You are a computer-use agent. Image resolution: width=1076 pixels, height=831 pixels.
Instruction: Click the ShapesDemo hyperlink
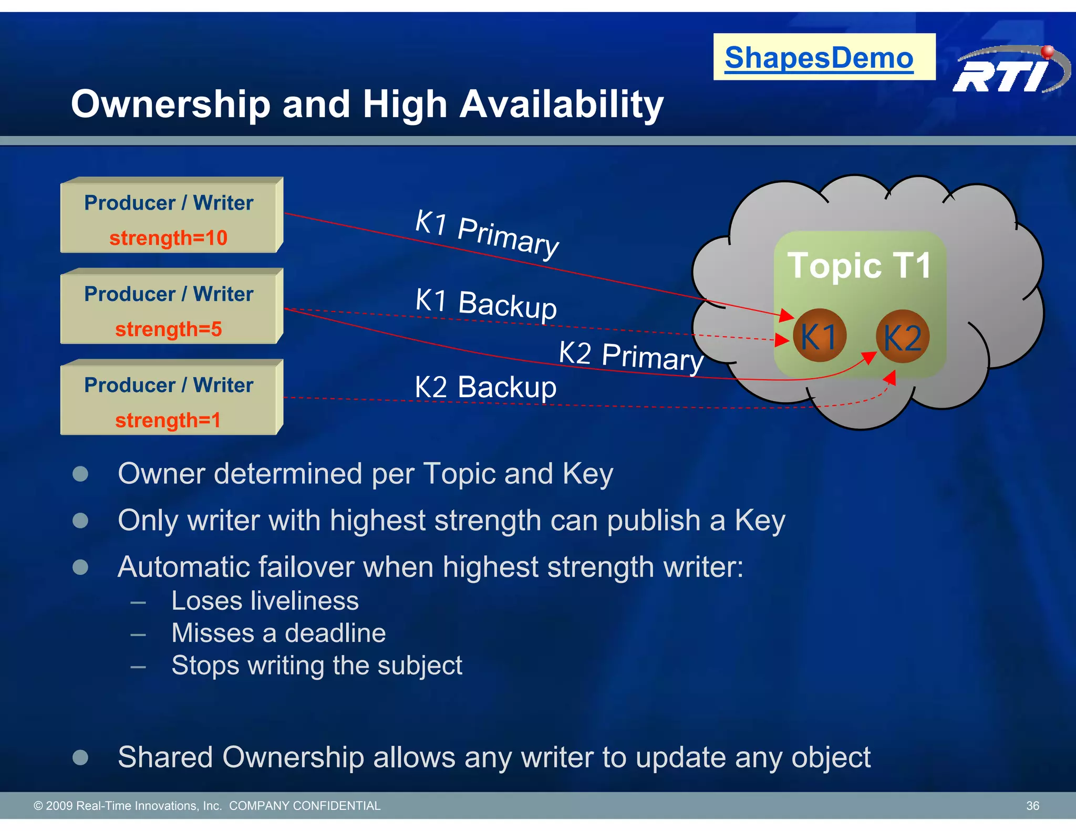point(819,57)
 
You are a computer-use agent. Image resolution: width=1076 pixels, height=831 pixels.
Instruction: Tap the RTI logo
point(1009,71)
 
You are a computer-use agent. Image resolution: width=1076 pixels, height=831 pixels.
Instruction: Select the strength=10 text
point(168,238)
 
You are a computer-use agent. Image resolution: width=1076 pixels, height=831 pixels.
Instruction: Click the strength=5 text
point(168,329)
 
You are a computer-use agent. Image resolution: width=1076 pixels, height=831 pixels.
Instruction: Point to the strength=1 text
point(168,420)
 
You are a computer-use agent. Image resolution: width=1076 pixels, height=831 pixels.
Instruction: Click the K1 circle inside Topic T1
point(819,336)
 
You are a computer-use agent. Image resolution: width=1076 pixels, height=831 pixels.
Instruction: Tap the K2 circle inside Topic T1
point(903,337)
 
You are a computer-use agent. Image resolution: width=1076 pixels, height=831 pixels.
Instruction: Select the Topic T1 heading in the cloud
point(859,265)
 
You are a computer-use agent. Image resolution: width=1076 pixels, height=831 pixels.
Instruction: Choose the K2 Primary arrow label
point(630,356)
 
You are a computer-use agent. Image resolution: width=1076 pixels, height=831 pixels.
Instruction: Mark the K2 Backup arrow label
point(485,387)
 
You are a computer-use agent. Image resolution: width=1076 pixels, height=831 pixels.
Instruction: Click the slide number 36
point(1032,806)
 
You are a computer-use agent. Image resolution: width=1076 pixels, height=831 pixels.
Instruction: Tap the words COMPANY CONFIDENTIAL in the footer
point(305,806)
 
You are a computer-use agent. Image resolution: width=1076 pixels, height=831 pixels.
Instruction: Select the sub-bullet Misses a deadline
point(278,633)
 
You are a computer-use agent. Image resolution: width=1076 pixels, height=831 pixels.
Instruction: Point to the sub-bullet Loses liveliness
point(265,601)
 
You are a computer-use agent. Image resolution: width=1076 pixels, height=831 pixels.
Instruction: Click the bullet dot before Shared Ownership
point(80,757)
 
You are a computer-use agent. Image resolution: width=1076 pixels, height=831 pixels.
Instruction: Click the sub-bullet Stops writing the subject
point(317,666)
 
